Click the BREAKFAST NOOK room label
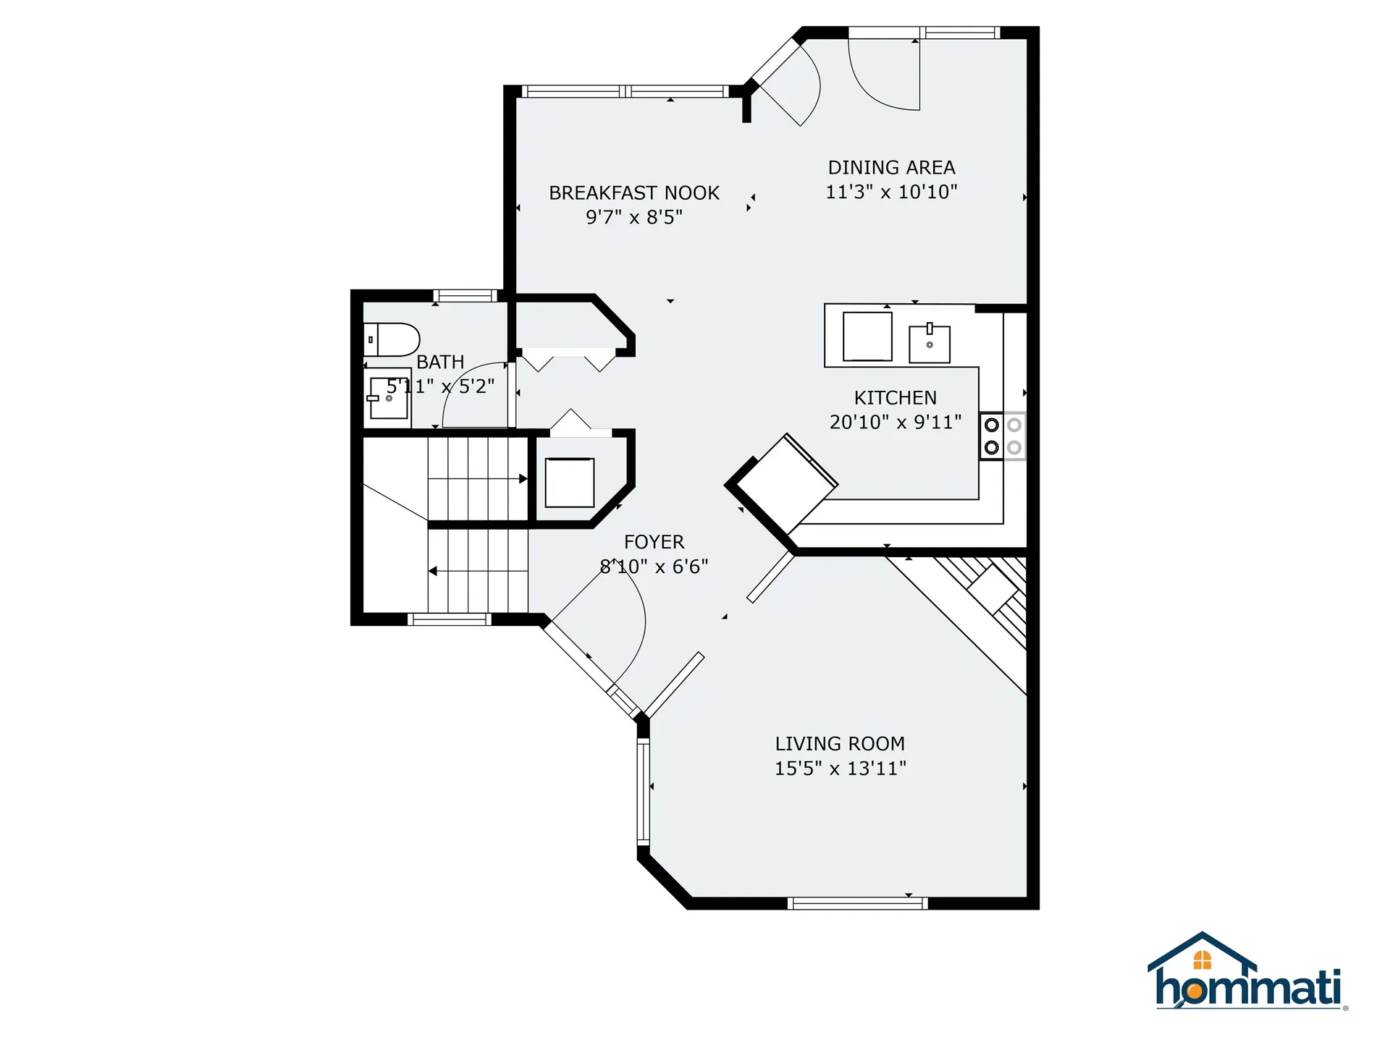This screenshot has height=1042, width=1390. (633, 193)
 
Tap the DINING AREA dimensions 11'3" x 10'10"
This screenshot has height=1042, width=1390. (891, 192)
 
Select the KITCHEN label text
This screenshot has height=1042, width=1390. (895, 398)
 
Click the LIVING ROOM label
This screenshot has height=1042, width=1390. (840, 744)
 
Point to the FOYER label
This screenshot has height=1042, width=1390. (654, 542)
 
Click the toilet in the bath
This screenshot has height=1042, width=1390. (391, 339)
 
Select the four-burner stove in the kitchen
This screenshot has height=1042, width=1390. (1003, 436)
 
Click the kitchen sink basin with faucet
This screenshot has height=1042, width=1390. (929, 344)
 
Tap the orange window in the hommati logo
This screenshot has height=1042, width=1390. (1202, 960)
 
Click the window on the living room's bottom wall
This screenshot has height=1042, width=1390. (857, 902)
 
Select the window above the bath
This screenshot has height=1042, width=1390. (465, 295)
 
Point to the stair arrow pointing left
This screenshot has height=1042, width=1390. (433, 572)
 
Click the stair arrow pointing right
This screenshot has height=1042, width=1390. (523, 478)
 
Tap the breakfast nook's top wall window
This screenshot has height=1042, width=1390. (625, 91)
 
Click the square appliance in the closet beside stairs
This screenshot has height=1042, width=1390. (569, 483)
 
